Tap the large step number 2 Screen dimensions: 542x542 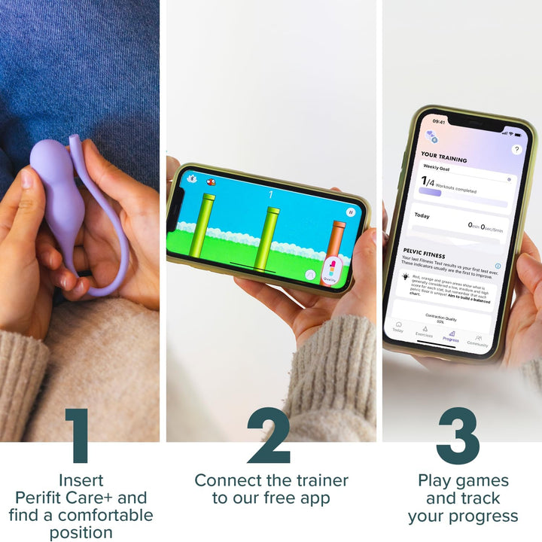tap(269, 436)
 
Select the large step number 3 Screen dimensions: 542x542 tap(458, 436)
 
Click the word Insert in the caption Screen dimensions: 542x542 tap(81, 480)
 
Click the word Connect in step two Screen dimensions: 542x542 tap(229, 480)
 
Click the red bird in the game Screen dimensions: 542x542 tap(212, 181)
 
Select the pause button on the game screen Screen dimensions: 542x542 tap(350, 212)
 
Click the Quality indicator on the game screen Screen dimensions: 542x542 tap(330, 271)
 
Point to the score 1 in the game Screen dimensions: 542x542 tap(270, 195)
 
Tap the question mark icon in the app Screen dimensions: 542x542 tap(516, 150)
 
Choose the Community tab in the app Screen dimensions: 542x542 tap(478, 340)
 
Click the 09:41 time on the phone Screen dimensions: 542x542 tap(438, 121)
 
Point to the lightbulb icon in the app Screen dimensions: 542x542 tap(406, 276)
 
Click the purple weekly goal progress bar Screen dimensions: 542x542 tap(430, 193)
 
